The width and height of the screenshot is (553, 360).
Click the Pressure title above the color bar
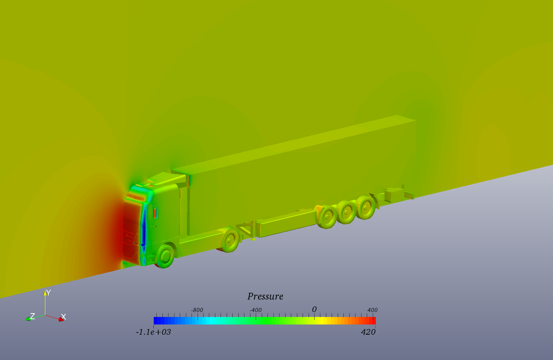coord(265,297)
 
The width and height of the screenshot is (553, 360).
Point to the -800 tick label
coord(197,310)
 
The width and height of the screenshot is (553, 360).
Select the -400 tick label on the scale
coord(255,310)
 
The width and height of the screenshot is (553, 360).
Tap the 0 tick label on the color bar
coord(314,309)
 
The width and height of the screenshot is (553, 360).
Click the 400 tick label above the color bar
coord(372,310)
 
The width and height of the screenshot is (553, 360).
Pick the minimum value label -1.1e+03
coord(153,332)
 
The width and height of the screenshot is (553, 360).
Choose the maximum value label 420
coord(368,332)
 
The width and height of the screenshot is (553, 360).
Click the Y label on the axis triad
coord(48,293)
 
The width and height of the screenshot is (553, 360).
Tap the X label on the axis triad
coord(63,317)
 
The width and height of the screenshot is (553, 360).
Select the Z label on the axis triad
coord(32,316)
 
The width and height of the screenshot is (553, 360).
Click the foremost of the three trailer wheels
coord(327,217)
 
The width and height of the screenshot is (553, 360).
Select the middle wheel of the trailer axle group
coord(347,212)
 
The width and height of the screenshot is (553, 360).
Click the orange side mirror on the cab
coord(155,212)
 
